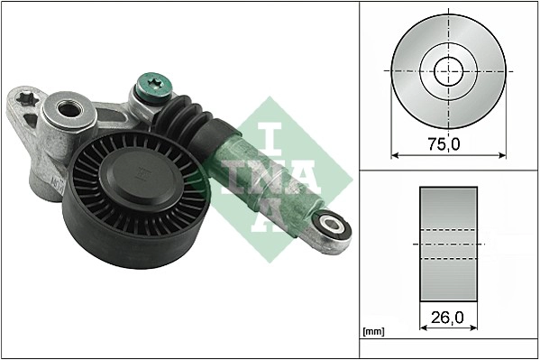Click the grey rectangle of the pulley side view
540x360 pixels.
(x=447, y=245)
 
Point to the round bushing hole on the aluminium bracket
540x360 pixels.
(x=69, y=112)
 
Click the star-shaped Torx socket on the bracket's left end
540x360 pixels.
(x=26, y=97)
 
